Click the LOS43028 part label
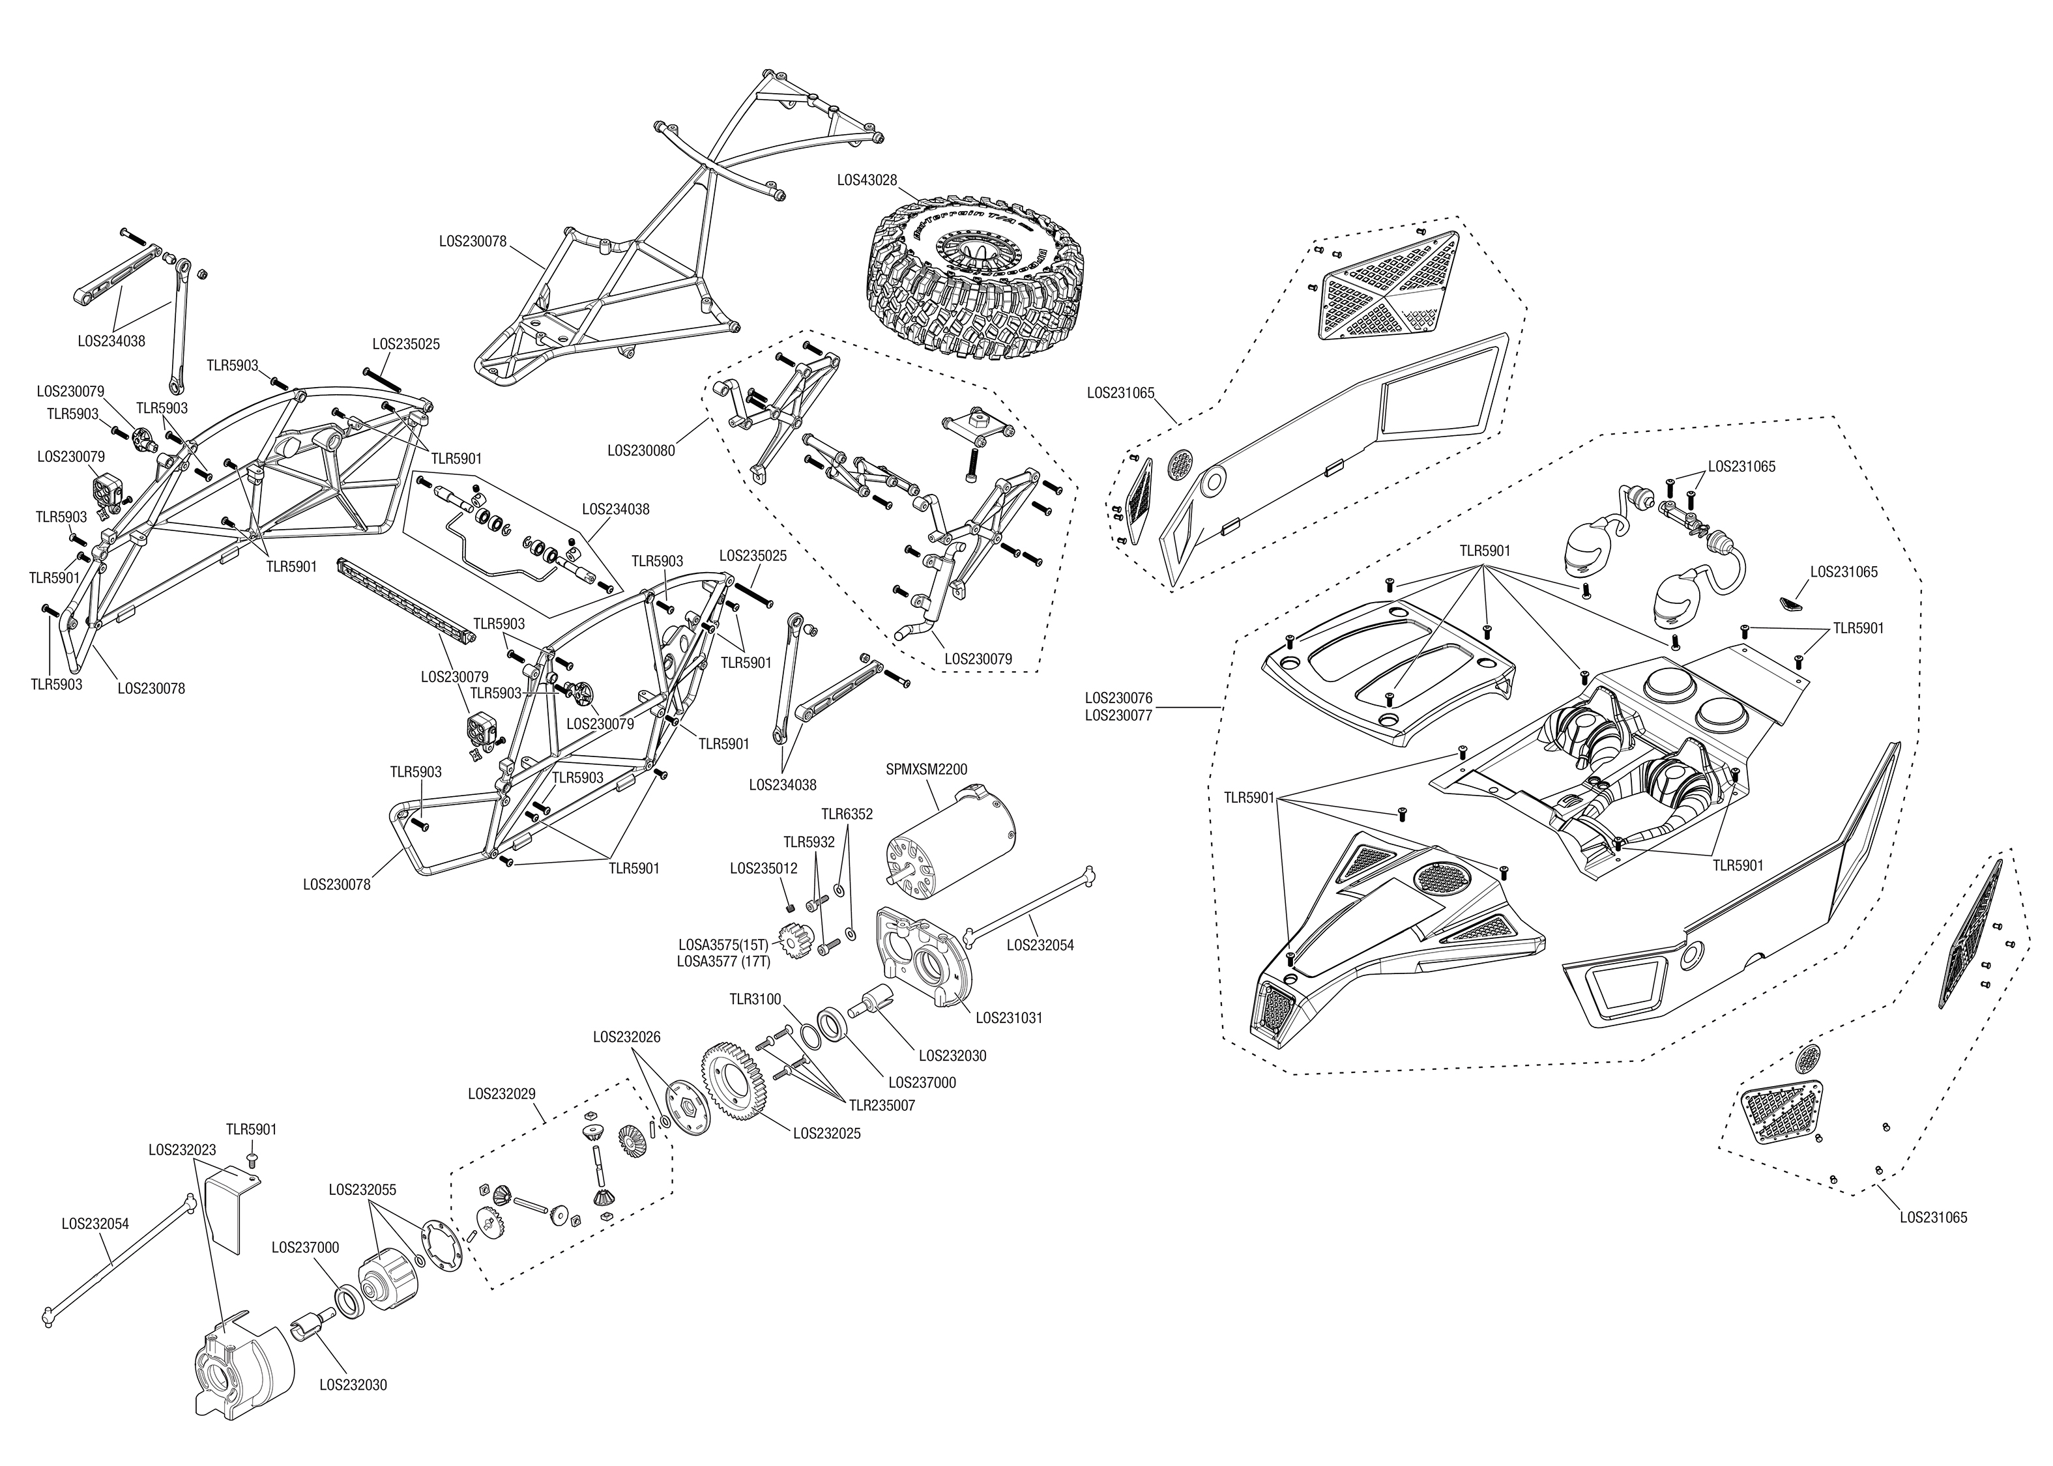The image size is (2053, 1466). [867, 180]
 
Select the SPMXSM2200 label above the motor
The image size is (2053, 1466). [926, 769]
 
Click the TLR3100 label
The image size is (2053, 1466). [755, 999]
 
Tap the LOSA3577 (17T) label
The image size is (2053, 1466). [723, 962]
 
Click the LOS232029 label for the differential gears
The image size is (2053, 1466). [501, 1094]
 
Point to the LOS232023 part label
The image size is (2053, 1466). [182, 1150]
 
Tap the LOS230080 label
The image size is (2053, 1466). [641, 450]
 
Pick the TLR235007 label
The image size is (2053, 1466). [881, 1105]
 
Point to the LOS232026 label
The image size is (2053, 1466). [626, 1037]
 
